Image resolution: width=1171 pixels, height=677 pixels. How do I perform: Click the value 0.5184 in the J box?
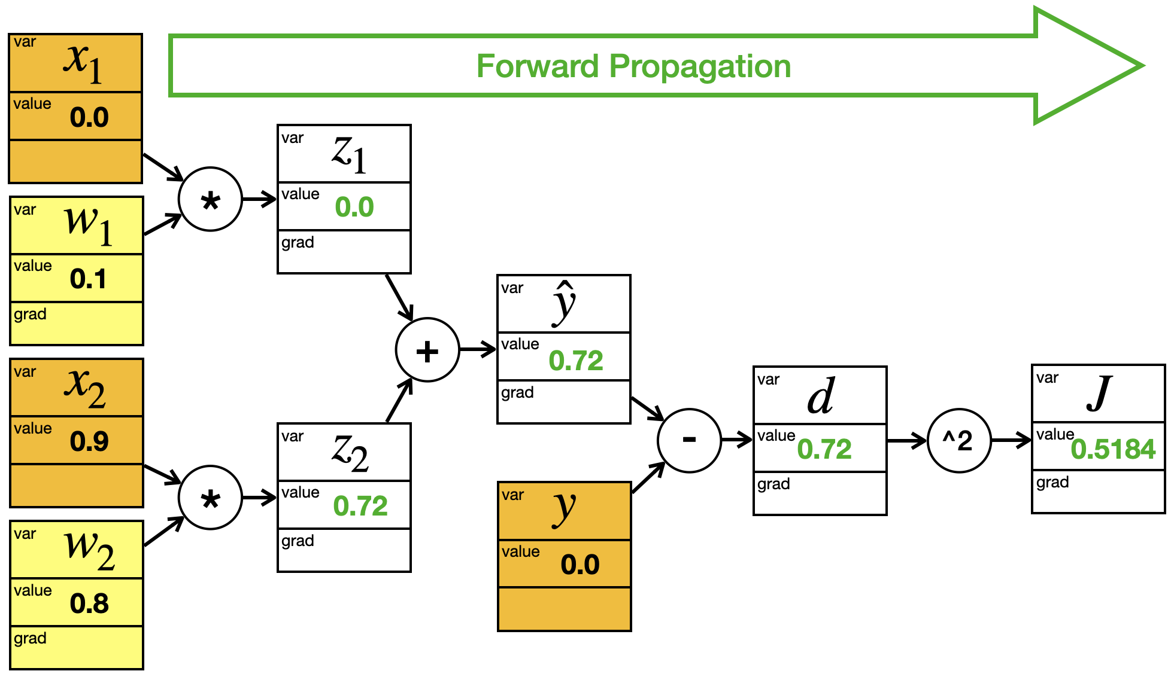click(x=1113, y=449)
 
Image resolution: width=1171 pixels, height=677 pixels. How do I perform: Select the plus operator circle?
click(x=427, y=350)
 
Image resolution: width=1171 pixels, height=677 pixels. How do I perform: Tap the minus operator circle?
click(x=689, y=441)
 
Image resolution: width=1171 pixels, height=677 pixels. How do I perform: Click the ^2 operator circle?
click(x=959, y=441)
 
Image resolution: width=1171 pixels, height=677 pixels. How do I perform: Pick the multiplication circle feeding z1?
click(x=210, y=199)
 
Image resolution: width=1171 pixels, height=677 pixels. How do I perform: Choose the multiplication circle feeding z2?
click(x=210, y=498)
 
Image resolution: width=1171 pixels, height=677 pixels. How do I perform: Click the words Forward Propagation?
click(x=633, y=66)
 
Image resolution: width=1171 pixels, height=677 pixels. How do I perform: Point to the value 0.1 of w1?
click(x=88, y=279)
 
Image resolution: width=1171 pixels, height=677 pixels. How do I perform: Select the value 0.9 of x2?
click(x=89, y=441)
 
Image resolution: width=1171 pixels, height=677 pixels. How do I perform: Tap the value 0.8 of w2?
click(x=89, y=603)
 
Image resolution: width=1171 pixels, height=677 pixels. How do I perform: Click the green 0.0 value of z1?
click(x=354, y=207)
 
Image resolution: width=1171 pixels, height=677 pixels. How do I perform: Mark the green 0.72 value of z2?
click(x=360, y=506)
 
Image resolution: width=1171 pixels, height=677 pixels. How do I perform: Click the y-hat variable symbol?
click(x=564, y=303)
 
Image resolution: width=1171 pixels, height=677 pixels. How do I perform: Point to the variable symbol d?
click(x=821, y=395)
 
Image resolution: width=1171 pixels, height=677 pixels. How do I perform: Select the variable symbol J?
click(x=1100, y=394)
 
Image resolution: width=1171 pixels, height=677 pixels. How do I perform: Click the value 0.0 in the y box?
click(x=580, y=565)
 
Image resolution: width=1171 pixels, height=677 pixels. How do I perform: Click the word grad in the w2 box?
click(x=30, y=639)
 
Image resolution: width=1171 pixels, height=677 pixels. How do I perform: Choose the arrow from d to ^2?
click(x=906, y=441)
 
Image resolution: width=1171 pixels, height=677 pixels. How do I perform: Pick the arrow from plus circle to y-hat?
click(x=478, y=349)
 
